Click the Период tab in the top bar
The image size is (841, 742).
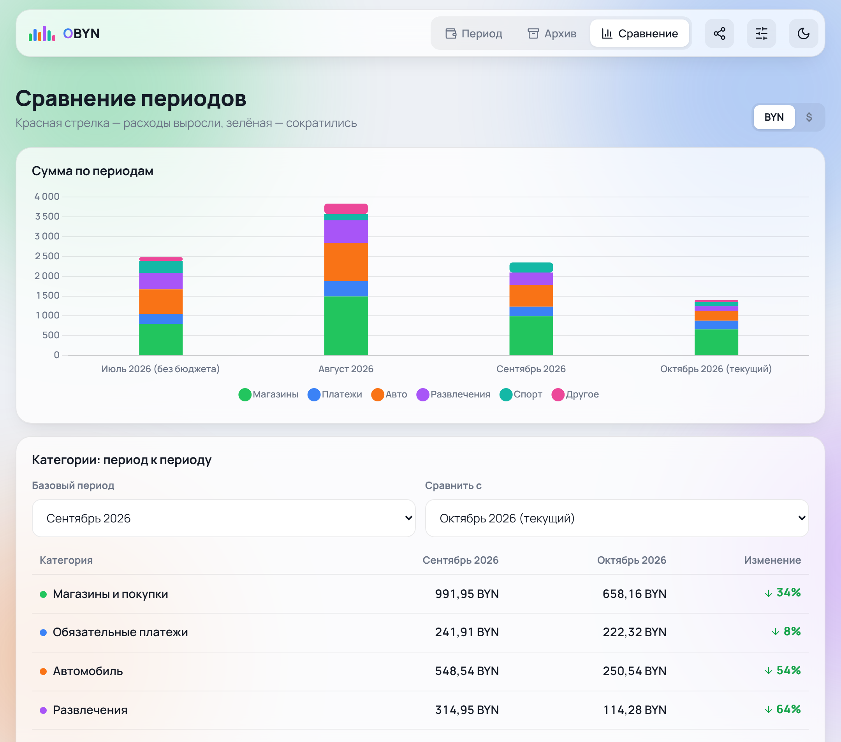tap(473, 33)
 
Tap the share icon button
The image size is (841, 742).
tap(719, 33)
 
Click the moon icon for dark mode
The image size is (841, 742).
tap(803, 33)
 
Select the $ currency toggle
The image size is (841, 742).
tap(809, 117)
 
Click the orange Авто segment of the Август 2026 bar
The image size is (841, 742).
tap(346, 262)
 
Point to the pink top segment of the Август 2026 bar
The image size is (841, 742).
tap(346, 209)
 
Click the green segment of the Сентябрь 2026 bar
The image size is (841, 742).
tap(531, 336)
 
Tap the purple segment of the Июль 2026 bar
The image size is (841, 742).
tap(161, 281)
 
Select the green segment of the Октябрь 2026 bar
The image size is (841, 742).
tap(716, 342)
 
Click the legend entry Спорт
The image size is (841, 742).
tap(521, 394)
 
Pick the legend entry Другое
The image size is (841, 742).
tap(575, 394)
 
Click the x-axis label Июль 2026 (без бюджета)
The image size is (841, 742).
tap(160, 369)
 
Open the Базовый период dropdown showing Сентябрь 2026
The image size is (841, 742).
tap(224, 518)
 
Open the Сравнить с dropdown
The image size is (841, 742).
tap(617, 518)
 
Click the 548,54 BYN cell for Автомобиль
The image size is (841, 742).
tap(467, 671)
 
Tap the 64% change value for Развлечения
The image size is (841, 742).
tap(783, 710)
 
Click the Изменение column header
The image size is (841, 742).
tap(772, 560)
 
